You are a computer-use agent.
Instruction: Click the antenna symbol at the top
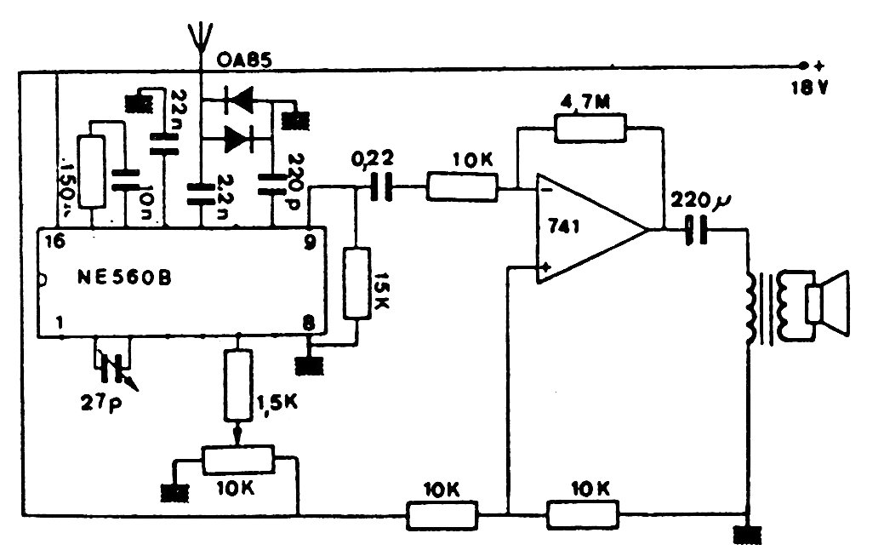coord(198,38)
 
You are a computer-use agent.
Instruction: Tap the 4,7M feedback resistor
coord(590,128)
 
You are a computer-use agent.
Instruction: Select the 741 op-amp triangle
coord(587,227)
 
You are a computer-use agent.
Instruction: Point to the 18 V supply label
coord(807,86)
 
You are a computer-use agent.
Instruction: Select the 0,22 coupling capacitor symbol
coord(383,187)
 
